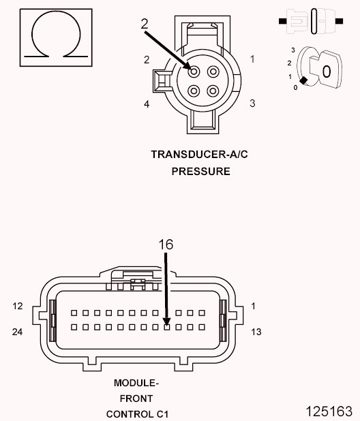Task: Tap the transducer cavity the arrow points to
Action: pos(195,72)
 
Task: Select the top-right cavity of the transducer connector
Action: pos(213,72)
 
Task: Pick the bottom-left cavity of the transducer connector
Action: pos(195,90)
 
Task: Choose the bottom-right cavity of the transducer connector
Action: pos(213,90)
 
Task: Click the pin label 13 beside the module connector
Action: pos(257,332)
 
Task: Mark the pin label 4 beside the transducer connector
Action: pos(147,104)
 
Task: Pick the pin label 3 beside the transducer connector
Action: pos(252,104)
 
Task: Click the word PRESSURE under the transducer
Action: pos(200,172)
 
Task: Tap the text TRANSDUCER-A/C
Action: pos(200,154)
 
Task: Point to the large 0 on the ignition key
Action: pos(327,71)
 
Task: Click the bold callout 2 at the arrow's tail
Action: pos(145,23)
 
